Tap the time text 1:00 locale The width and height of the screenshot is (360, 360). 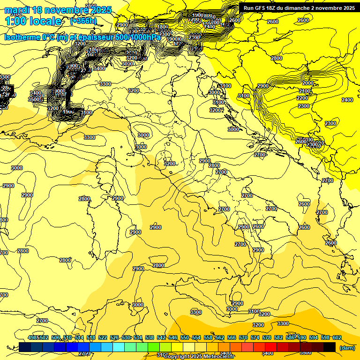click(x=33, y=21)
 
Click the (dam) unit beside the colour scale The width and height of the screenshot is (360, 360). click(x=346, y=348)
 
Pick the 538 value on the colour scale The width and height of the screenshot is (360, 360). click(x=150, y=337)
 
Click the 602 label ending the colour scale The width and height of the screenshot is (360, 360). click(x=337, y=337)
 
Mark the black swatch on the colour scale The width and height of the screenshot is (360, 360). click(x=330, y=347)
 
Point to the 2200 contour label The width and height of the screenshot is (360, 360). click(x=302, y=98)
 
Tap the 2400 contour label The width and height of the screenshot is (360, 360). click(x=347, y=100)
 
